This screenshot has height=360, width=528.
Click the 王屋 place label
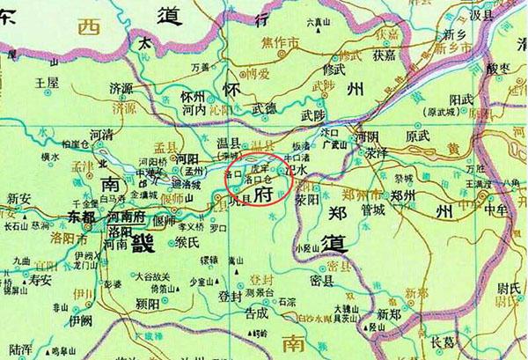pos(46,82)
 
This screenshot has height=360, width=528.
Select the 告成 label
pos(256,312)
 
